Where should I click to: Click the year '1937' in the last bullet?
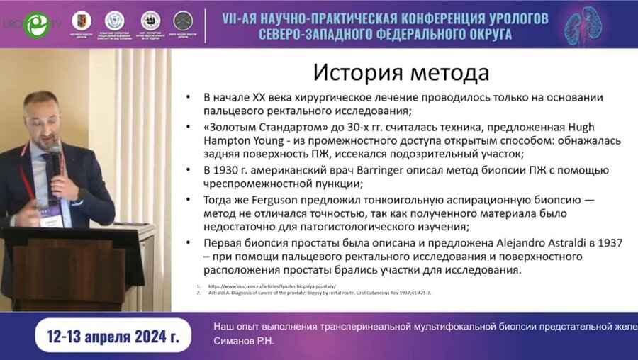click(609, 242)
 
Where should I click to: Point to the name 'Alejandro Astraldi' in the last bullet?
click(542, 242)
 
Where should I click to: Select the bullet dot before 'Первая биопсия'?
click(187, 243)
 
